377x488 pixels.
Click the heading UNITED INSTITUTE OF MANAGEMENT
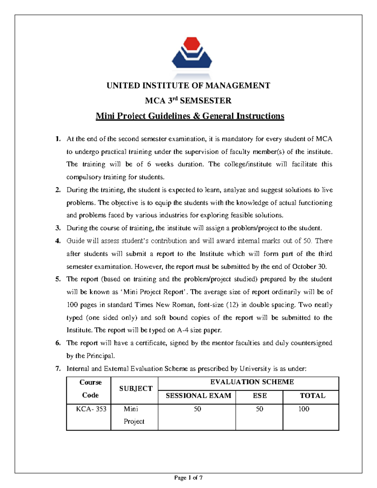coord(188,85)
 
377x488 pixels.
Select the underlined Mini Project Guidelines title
coord(190,116)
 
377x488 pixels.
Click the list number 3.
coord(58,228)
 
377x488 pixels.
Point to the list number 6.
coord(58,343)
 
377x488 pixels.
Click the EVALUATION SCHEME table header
coord(252,382)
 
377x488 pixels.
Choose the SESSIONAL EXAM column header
coord(198,396)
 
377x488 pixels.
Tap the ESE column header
coord(260,396)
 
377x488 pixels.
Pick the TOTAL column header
coord(312,396)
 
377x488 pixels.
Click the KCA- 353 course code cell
coord(91,409)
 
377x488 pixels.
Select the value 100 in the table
coord(303,409)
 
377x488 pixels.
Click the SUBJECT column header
coord(136,389)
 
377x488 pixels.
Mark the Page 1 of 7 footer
coord(188,478)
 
